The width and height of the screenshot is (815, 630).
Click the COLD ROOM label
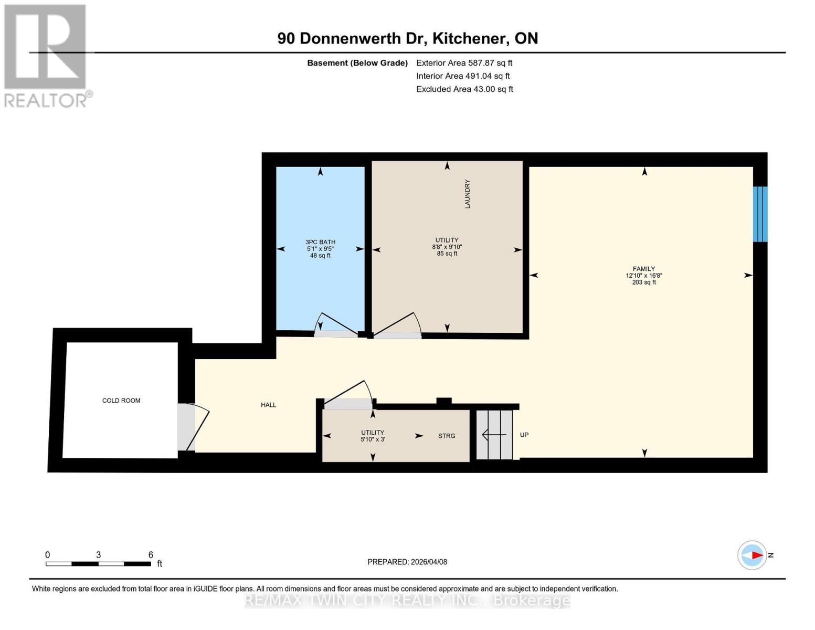(x=121, y=401)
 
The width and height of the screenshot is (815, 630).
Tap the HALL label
(x=268, y=405)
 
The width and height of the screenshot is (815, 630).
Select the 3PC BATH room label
(x=320, y=242)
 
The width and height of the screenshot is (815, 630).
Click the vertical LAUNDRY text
(x=468, y=194)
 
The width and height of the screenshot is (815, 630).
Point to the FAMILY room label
(x=643, y=269)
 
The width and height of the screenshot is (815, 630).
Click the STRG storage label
(x=447, y=436)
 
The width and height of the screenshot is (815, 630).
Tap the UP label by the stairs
(x=524, y=435)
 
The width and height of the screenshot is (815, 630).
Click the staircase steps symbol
(x=494, y=435)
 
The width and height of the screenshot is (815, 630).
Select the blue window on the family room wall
(x=760, y=214)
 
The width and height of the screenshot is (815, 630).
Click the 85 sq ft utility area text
(x=447, y=254)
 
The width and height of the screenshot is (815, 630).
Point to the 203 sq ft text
(x=643, y=282)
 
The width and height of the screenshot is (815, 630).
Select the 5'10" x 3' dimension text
(x=373, y=439)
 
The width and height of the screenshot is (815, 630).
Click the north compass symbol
(x=752, y=555)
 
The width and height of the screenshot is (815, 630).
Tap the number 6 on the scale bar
(x=151, y=555)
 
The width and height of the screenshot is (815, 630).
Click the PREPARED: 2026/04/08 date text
(x=407, y=562)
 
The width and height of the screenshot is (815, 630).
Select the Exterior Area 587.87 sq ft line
(x=464, y=62)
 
